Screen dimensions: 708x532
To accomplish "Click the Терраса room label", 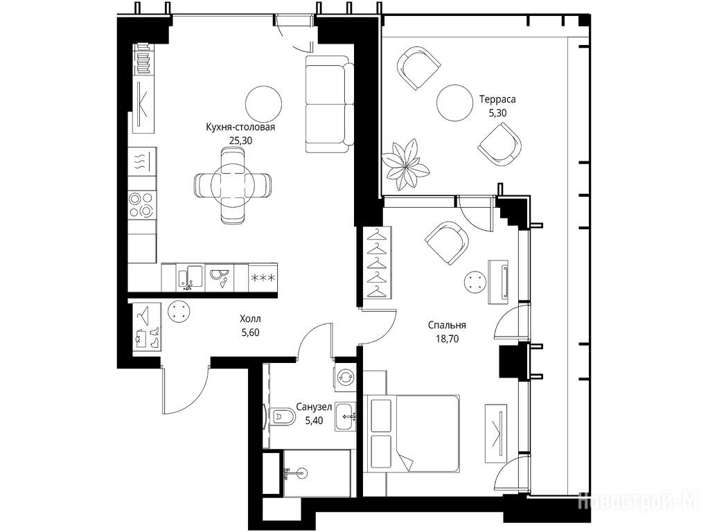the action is (497, 99).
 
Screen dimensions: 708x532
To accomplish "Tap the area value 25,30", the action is (240, 141).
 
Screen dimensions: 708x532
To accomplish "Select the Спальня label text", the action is (447, 325).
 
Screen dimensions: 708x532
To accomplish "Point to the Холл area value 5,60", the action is (251, 332).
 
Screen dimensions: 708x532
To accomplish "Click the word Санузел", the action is (314, 407).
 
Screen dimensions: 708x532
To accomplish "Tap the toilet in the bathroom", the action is (283, 416).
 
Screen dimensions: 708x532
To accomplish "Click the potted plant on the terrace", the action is (405, 165).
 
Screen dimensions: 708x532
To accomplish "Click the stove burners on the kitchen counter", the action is (142, 204).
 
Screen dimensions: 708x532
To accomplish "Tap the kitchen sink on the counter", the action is (190, 277).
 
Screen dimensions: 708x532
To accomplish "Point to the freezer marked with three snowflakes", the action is (263, 277).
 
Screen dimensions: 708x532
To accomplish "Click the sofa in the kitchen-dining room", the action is (329, 105).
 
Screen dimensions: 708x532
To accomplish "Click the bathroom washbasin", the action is (346, 415).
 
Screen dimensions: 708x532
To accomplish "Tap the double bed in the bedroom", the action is (411, 434).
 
